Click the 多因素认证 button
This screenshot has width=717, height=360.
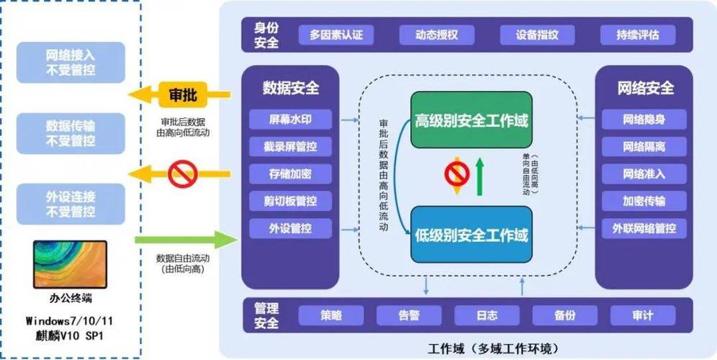[x=336, y=35]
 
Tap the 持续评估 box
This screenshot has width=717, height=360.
[x=637, y=35]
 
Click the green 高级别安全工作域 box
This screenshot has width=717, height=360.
[x=472, y=120]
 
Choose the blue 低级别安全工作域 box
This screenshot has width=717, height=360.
[x=472, y=234]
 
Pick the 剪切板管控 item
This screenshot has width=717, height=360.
[x=290, y=201]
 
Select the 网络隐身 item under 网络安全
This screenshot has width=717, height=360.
[x=644, y=120]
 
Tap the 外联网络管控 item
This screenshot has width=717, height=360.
[x=644, y=229]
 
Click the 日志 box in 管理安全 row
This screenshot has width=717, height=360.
[x=487, y=315]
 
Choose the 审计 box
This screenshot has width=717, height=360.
[x=643, y=315]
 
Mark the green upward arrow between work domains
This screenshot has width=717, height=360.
[x=479, y=176]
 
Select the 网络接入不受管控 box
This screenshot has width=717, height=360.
[x=71, y=61]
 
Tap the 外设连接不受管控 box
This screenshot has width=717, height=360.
[x=71, y=203]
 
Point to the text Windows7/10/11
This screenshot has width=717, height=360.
[x=70, y=320]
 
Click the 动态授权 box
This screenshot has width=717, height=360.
[x=436, y=35]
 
